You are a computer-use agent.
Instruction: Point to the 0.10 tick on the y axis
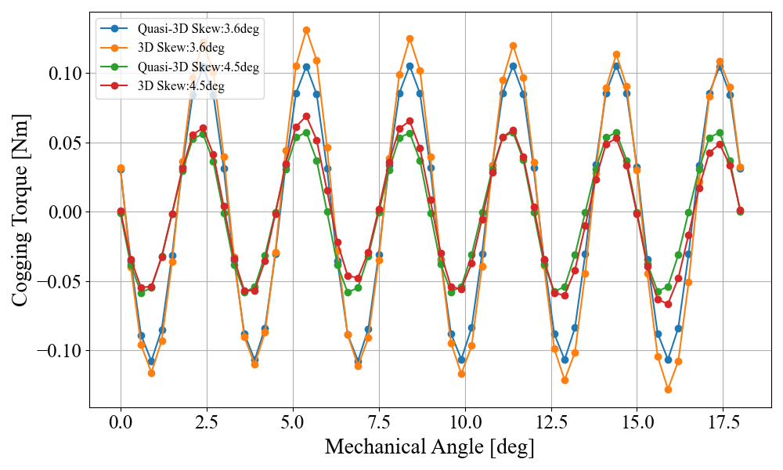tap(63, 74)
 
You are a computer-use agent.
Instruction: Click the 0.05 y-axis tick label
tap(63, 143)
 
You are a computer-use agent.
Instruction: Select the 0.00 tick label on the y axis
tap(63, 212)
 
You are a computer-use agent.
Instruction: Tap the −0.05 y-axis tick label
tap(58, 281)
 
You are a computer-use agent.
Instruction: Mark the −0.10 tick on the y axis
tap(58, 350)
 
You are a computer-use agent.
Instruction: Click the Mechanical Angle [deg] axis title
tap(429, 447)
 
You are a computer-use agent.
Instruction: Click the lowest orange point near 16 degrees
tap(668, 389)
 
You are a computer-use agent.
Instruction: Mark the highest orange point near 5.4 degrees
tap(306, 31)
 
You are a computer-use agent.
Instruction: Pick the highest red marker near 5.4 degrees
tap(306, 117)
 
